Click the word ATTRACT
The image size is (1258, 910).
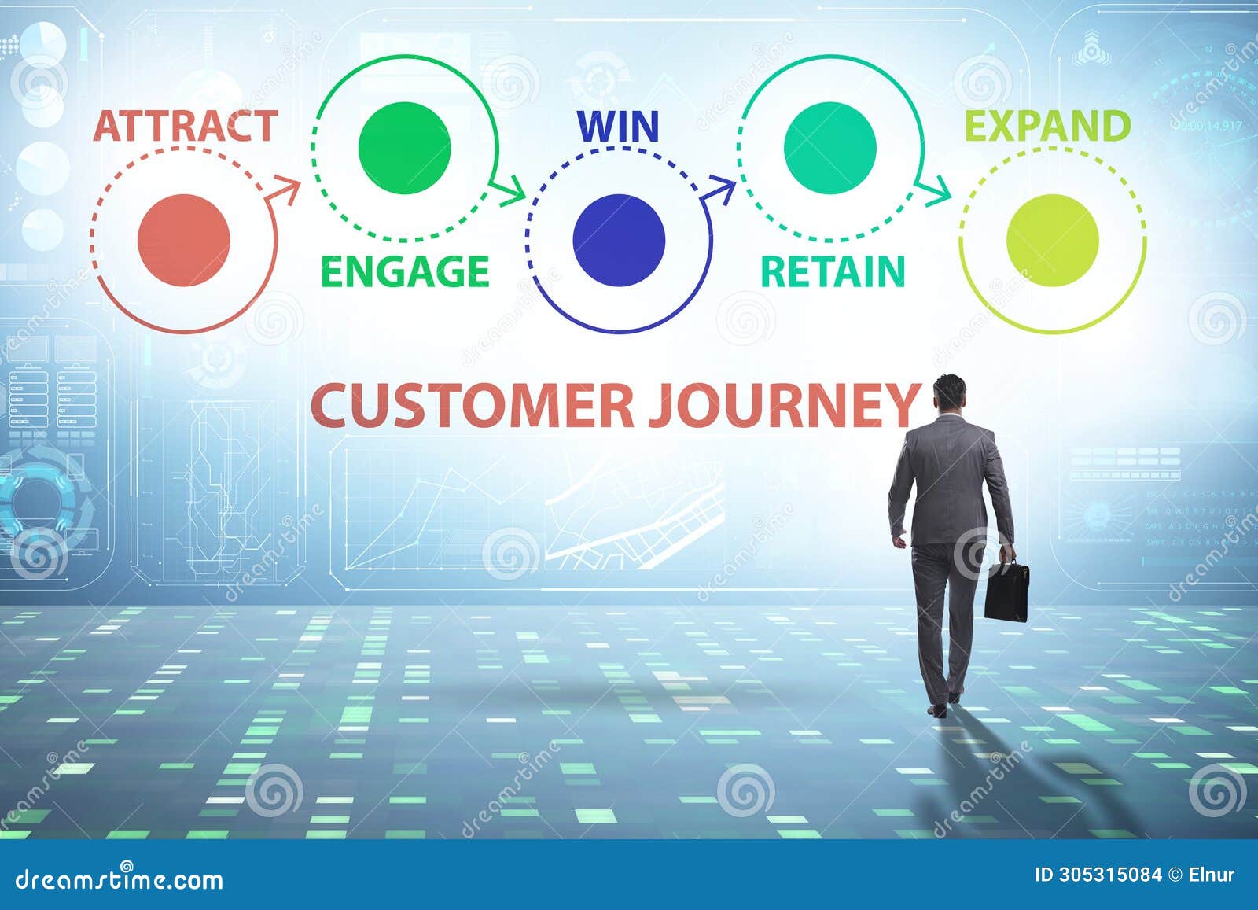[x=185, y=127]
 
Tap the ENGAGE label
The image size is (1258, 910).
[x=405, y=272]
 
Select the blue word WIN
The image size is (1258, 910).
[x=618, y=127]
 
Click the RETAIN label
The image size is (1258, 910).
[x=833, y=272]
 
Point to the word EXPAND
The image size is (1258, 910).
[x=1047, y=127]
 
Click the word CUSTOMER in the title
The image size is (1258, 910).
[x=472, y=406]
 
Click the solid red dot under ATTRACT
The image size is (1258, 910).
[x=183, y=240]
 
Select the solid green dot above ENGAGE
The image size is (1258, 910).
[x=404, y=147]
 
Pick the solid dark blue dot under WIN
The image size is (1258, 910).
[x=619, y=240]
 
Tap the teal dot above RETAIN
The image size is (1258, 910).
[x=829, y=147]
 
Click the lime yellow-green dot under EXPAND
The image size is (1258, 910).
[x=1052, y=240]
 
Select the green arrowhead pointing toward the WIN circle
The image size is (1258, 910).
[x=512, y=190]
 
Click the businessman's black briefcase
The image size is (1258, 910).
[x=1006, y=591]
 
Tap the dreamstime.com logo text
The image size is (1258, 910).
[x=120, y=878]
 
